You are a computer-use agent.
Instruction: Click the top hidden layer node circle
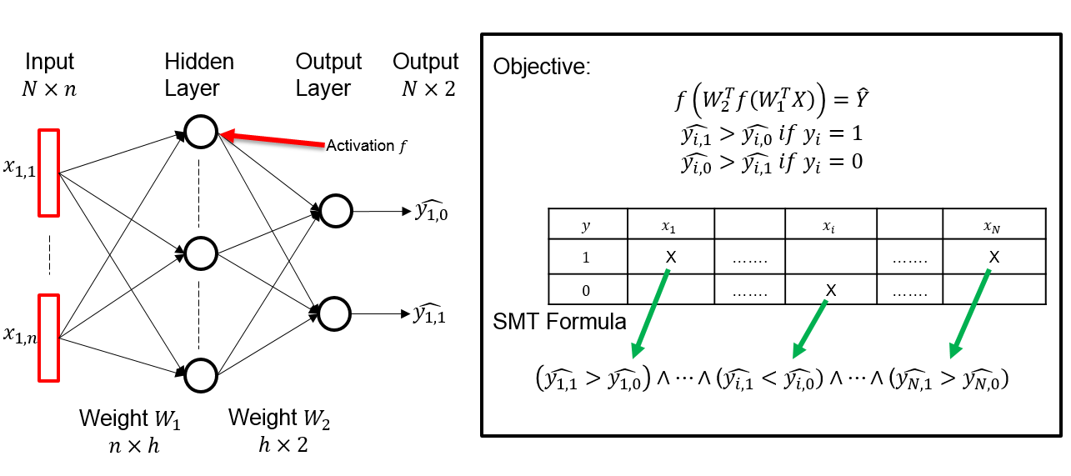point(201,132)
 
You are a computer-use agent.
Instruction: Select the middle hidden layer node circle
point(201,253)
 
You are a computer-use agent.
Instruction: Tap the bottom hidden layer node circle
point(201,375)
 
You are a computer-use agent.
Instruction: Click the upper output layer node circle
point(335,211)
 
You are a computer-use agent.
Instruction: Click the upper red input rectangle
point(48,171)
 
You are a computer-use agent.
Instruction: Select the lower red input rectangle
point(48,337)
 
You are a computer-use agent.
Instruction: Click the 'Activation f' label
point(366,146)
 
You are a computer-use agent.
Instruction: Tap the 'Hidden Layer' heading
point(199,74)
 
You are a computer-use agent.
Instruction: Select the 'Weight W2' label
point(279,418)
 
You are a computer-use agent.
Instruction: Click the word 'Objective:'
point(542,67)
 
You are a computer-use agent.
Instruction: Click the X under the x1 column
point(670,258)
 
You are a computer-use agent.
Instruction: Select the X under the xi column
point(830,290)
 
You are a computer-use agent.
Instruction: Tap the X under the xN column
point(993,258)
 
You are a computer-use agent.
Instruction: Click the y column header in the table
point(587,225)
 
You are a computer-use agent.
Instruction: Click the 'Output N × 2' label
point(426,74)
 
